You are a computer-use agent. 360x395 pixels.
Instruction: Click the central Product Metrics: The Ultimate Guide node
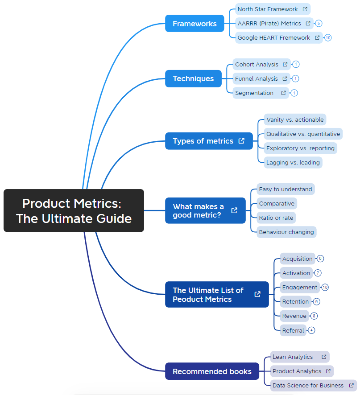(x=74, y=210)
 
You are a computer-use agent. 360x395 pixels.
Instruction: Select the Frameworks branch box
(x=194, y=24)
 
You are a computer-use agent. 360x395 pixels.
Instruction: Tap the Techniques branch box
(x=193, y=78)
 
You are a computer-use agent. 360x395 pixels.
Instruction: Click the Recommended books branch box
(x=212, y=371)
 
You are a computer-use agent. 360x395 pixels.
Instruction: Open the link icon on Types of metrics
(x=241, y=141)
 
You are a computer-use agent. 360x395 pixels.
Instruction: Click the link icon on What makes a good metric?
(x=234, y=210)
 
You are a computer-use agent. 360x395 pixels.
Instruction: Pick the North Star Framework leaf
(x=268, y=9)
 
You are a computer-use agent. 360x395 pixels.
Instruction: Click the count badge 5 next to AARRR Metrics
(x=318, y=23)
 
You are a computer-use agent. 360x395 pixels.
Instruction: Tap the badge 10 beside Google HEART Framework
(x=328, y=37)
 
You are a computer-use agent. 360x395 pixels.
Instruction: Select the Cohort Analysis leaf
(x=257, y=64)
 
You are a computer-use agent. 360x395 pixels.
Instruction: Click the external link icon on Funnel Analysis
(x=285, y=78)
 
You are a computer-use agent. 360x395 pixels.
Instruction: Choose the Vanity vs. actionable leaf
(x=294, y=119)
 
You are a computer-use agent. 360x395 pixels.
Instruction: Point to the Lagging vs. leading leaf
(x=293, y=162)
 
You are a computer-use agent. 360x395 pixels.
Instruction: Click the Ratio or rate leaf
(x=276, y=218)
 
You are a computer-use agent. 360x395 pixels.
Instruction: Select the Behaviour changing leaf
(x=286, y=232)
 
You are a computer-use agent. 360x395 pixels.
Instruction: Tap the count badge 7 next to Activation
(x=318, y=273)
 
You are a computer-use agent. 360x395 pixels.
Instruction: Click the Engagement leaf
(x=299, y=287)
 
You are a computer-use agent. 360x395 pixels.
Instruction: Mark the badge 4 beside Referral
(x=311, y=330)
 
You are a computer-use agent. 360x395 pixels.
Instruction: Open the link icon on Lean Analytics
(x=324, y=357)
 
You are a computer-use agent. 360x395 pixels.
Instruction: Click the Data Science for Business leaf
(x=308, y=385)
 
